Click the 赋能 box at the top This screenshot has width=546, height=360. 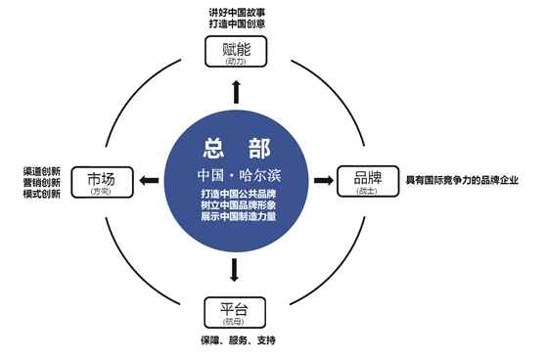[x=235, y=52]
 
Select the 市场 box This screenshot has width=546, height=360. [x=101, y=182]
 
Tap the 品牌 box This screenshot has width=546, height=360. [x=368, y=182]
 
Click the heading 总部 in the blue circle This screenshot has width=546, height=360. [x=234, y=149]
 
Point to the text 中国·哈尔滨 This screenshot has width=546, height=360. [x=234, y=174]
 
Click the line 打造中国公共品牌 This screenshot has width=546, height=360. [x=234, y=193]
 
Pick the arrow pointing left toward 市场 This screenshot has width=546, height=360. [x=148, y=181]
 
